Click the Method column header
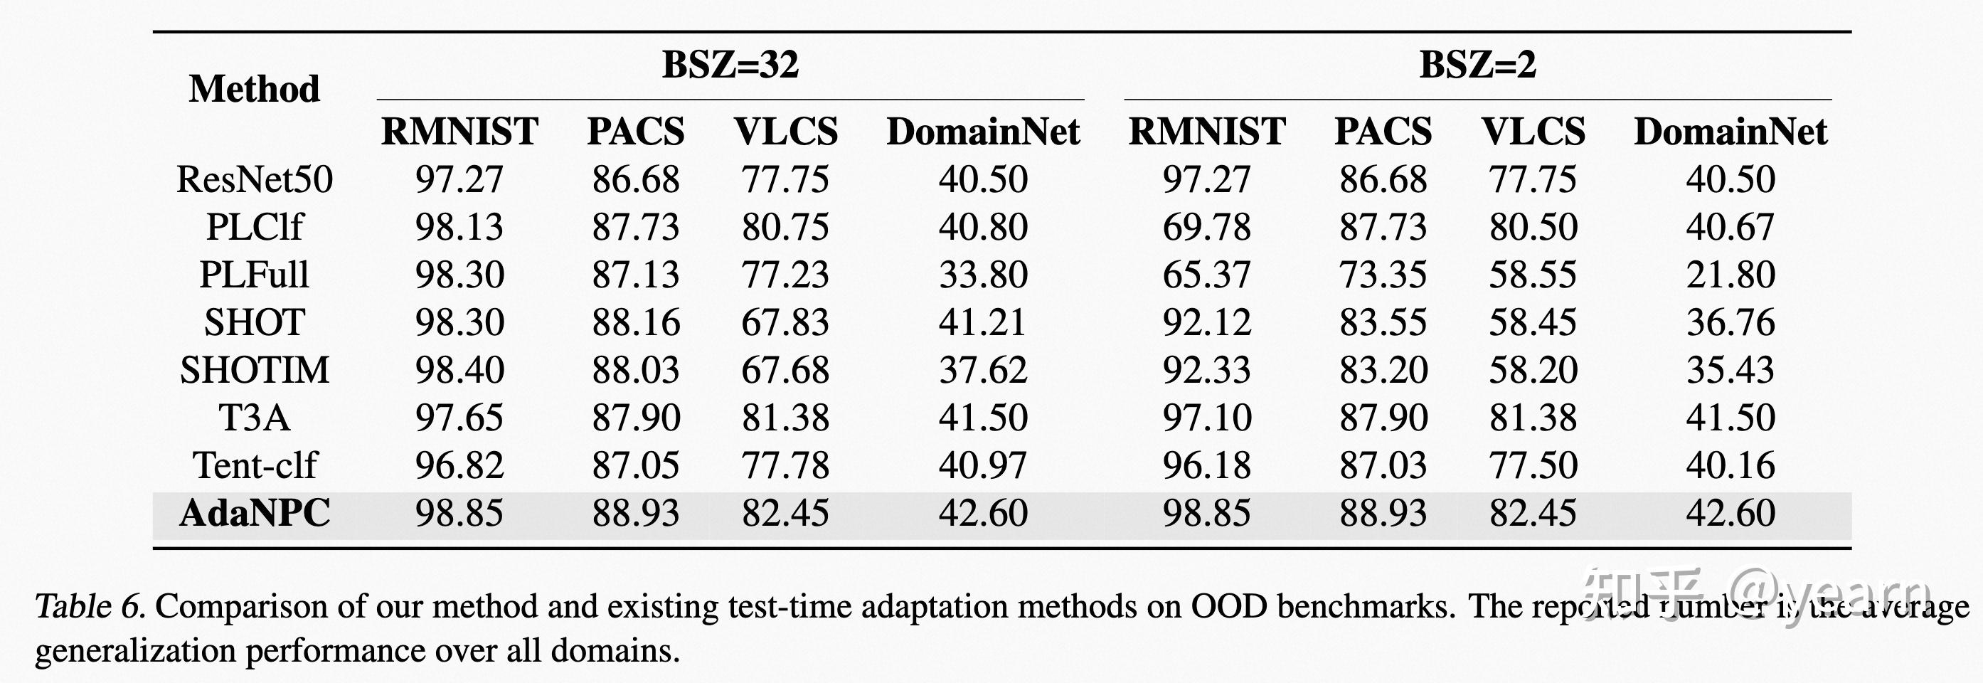pos(254,88)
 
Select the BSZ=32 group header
pos(730,64)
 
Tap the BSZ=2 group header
pos(1477,64)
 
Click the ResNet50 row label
pos(254,179)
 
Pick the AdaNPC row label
pos(254,513)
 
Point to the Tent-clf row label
pos(254,465)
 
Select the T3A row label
pos(254,418)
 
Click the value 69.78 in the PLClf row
pos(1206,227)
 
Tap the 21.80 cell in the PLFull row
pos(1730,275)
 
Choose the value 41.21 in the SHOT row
pos(982,322)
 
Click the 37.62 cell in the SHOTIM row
pos(982,371)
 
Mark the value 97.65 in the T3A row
pos(459,418)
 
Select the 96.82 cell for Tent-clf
pos(459,465)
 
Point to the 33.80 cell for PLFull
pos(982,275)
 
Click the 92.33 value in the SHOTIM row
pos(1206,371)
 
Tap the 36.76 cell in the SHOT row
pos(1730,322)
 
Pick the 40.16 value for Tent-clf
pos(1730,465)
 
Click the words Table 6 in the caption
pos(90,607)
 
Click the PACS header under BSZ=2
pos(1383,132)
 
